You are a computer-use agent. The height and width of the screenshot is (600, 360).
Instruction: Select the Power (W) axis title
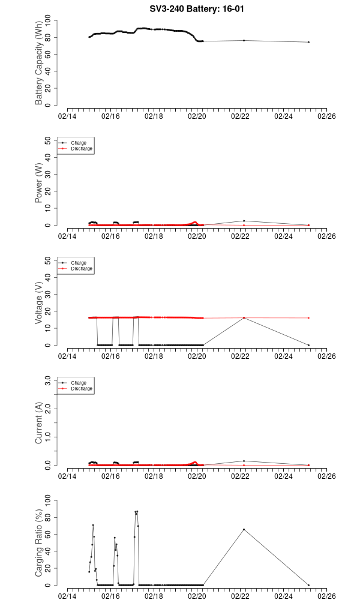[39, 183]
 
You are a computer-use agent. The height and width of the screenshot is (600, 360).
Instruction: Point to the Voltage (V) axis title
[39, 303]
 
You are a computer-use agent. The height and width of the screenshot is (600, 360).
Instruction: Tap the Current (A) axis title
[39, 423]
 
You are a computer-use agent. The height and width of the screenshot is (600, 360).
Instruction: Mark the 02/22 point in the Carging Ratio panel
[244, 529]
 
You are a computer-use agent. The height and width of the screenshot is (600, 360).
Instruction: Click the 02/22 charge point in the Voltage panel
[244, 318]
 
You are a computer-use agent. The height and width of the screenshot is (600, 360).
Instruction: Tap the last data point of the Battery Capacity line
[308, 42]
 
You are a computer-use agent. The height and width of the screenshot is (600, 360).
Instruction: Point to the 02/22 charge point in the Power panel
[244, 221]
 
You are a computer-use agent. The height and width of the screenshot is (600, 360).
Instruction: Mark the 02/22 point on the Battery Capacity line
[244, 40]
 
